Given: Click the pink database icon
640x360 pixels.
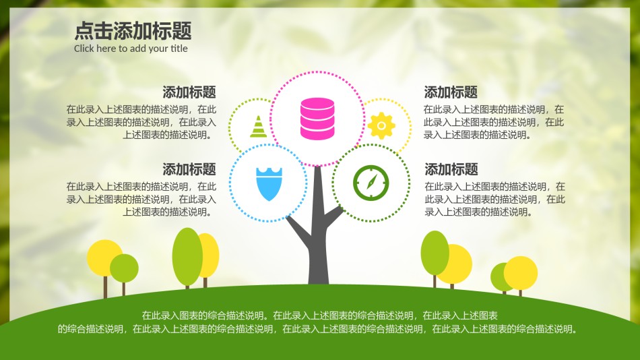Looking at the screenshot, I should click(317, 119).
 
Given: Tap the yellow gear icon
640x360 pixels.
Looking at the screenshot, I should click(381, 125).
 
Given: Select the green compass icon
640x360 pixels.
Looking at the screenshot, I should click(371, 182).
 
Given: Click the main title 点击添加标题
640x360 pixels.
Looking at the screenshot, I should click(133, 31).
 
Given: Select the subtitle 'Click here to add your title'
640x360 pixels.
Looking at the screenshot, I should click(131, 49).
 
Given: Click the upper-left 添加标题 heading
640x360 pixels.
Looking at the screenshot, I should click(189, 92).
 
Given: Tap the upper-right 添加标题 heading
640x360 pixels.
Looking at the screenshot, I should click(451, 92).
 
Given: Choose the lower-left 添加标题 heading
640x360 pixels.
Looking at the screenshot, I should click(189, 169).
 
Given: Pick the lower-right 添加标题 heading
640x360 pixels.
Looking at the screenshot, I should click(451, 169).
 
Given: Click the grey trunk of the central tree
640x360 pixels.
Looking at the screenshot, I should click(318, 249).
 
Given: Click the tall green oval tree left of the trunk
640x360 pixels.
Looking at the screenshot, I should click(187, 256).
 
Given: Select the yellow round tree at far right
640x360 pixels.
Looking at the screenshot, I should click(521, 272).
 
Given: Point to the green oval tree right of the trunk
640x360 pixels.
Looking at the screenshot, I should click(435, 253).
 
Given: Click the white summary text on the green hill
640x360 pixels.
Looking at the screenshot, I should click(319, 322).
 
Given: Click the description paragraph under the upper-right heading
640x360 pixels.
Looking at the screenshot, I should click(494, 122).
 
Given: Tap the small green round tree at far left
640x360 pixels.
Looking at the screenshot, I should click(124, 268).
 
